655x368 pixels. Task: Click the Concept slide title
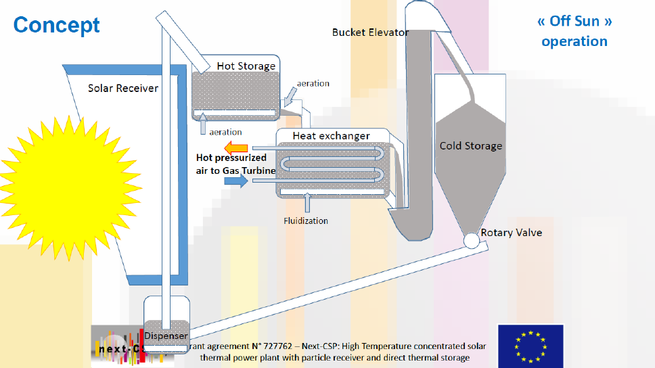pyautogui.click(x=56, y=25)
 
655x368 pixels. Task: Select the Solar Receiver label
pyautogui.click(x=123, y=88)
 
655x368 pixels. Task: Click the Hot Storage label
pyautogui.click(x=246, y=66)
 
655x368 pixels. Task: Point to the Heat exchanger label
pyautogui.click(x=331, y=136)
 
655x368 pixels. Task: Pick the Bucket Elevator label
pyautogui.click(x=370, y=32)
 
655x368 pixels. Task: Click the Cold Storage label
pyautogui.click(x=471, y=145)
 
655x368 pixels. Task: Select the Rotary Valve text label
pyautogui.click(x=511, y=233)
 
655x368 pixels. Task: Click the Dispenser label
pyautogui.click(x=166, y=336)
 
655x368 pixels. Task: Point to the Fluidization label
pyautogui.click(x=306, y=221)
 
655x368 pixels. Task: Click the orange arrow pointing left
pyautogui.click(x=236, y=148)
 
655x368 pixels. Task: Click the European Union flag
pyautogui.click(x=530, y=345)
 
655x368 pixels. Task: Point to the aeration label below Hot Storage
pyautogui.click(x=225, y=132)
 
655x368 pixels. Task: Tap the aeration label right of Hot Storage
pyautogui.click(x=313, y=83)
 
